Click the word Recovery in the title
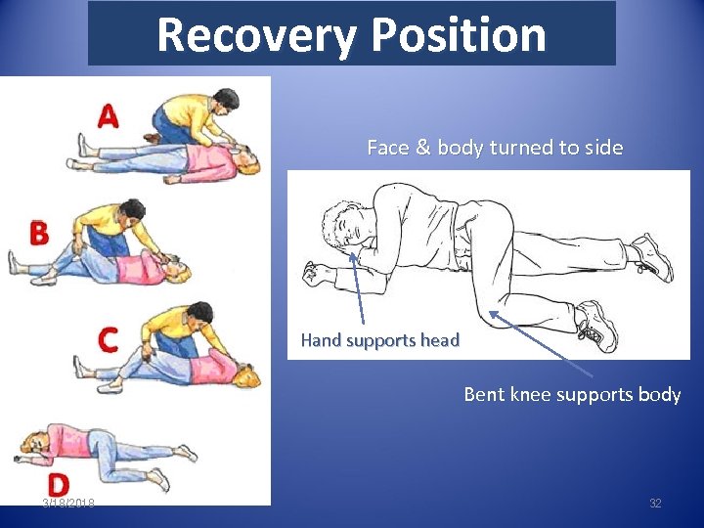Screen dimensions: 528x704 click(x=257, y=35)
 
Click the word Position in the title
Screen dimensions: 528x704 click(x=459, y=35)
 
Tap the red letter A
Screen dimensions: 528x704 click(x=108, y=116)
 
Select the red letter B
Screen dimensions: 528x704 click(x=39, y=233)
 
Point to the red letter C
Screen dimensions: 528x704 click(x=108, y=340)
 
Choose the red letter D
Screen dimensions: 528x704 click(x=58, y=484)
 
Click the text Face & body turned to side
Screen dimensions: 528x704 click(x=494, y=148)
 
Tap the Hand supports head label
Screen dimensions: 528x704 click(x=379, y=340)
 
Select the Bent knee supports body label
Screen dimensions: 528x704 click(x=572, y=395)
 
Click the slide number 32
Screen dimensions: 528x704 click(x=655, y=504)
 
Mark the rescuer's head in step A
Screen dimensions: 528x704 click(x=225, y=100)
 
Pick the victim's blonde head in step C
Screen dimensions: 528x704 click(x=245, y=376)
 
